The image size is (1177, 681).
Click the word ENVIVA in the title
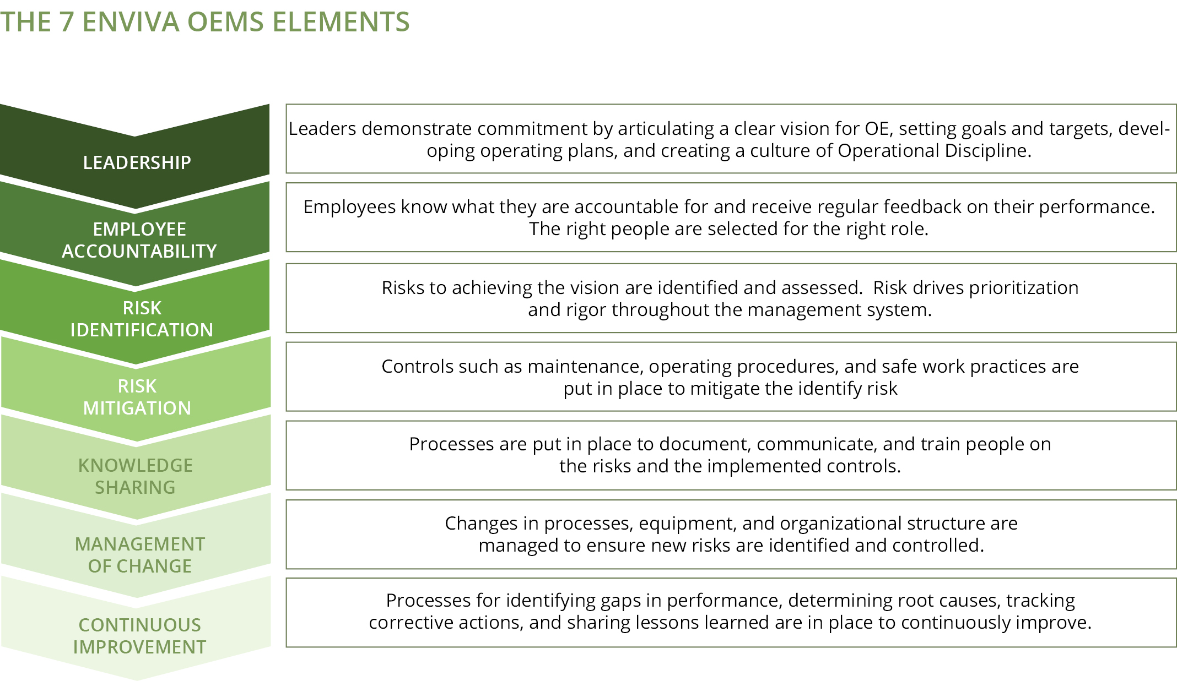[131, 22]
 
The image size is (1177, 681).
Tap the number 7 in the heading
[66, 22]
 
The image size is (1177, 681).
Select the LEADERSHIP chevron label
[137, 162]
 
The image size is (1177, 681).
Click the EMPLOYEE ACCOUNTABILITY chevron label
[139, 240]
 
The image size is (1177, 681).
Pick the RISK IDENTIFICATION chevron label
[142, 319]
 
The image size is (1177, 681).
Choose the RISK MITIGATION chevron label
[137, 397]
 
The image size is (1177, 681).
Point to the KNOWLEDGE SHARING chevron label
[136, 476]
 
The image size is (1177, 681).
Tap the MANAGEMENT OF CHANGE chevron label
[140, 555]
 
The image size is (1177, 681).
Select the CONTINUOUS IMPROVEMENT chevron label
[140, 636]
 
